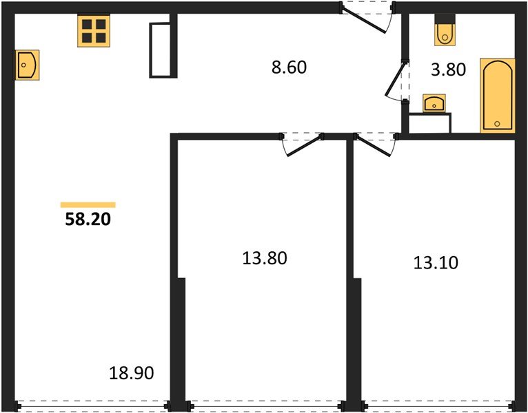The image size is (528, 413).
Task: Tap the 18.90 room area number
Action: (x=131, y=374)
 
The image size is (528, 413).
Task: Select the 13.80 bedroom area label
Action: (x=264, y=258)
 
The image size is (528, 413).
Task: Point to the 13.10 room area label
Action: (x=436, y=262)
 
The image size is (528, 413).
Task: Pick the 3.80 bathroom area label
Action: (x=448, y=69)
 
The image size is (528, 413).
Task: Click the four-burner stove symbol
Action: (x=93, y=31)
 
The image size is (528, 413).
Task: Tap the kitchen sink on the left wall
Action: (x=28, y=65)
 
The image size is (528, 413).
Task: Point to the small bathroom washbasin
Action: (x=434, y=103)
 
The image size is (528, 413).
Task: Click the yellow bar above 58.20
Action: (x=88, y=204)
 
